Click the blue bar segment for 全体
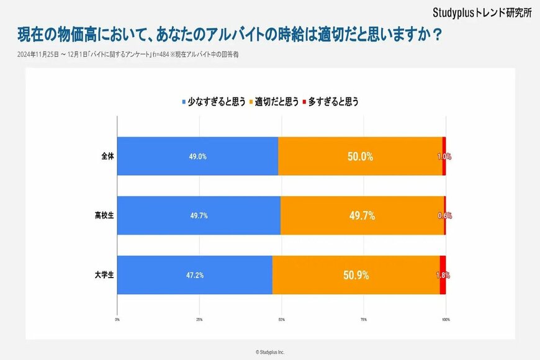(197, 156)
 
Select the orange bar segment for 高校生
(362, 215)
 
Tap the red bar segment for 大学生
(443, 275)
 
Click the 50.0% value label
(360, 156)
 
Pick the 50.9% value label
(356, 275)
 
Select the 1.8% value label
(443, 275)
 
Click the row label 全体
(107, 156)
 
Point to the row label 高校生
(104, 215)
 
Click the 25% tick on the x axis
(199, 319)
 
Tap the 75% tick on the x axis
(363, 319)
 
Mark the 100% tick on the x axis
(445, 319)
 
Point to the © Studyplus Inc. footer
(270, 352)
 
